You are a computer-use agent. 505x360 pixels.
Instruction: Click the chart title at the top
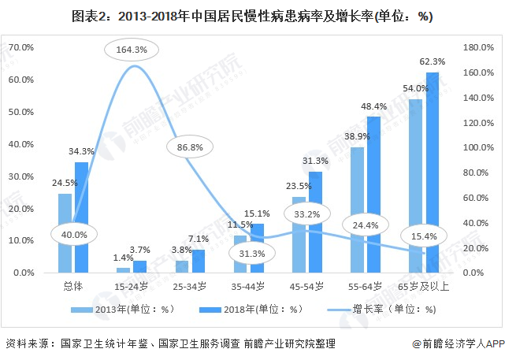[x=251, y=15]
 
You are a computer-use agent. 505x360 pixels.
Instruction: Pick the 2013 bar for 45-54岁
[x=299, y=234]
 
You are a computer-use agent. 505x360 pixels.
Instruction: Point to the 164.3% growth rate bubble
[x=132, y=50]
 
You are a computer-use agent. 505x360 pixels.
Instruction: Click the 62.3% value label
[x=433, y=61]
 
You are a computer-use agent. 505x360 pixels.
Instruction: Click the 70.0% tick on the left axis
[x=22, y=48]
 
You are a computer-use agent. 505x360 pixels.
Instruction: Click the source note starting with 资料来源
[x=170, y=344]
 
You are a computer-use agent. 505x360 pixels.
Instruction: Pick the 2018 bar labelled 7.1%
[x=198, y=261]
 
